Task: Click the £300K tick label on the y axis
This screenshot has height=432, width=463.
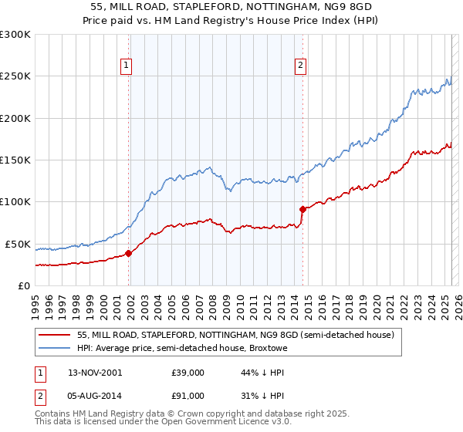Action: (x=15, y=35)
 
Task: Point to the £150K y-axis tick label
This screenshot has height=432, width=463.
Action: (x=15, y=160)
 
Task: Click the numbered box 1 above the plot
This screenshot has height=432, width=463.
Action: (x=125, y=66)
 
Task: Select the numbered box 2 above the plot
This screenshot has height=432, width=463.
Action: (x=299, y=66)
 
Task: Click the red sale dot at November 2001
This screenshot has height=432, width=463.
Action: (x=129, y=253)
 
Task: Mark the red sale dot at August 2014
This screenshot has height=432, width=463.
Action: (x=302, y=208)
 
